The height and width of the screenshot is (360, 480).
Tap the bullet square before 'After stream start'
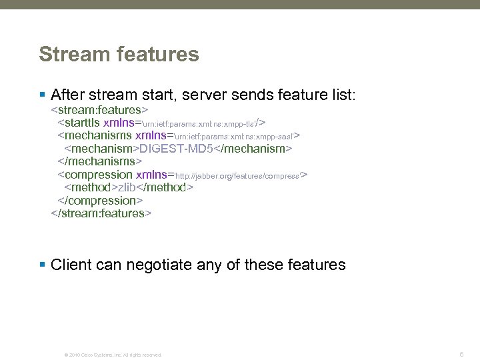pos(43,95)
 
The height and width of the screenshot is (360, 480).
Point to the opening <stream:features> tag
pos(99,109)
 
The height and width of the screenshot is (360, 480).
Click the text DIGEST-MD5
pos(176,149)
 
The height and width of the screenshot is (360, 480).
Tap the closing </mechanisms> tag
pos(99,161)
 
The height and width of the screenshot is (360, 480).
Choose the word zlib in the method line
pos(131,187)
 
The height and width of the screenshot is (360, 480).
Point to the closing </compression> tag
pos(101,200)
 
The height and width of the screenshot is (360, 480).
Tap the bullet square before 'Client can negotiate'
pos(43,265)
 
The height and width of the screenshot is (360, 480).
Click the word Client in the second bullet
pos(71,265)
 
